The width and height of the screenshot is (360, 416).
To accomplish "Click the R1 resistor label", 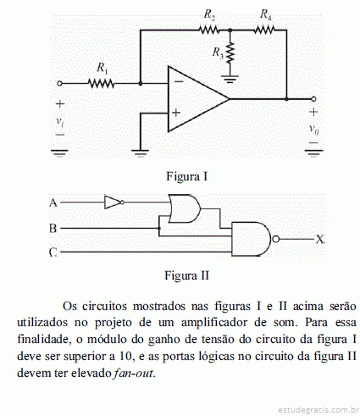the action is click(102, 68).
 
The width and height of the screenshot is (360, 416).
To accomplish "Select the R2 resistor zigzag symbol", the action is click(209, 30).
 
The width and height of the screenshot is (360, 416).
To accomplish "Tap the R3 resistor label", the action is click(218, 53).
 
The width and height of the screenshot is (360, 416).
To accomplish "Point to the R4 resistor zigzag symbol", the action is click(264, 30).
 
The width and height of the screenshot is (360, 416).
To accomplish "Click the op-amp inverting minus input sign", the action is click(179, 81).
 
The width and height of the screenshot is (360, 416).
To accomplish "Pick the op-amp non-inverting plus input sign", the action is click(176, 113).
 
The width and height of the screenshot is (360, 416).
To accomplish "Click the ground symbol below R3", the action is click(230, 79).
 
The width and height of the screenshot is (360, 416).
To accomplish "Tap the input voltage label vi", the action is click(60, 121).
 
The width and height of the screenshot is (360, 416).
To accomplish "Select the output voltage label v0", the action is click(313, 129).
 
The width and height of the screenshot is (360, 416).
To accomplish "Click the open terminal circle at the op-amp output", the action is click(313, 99).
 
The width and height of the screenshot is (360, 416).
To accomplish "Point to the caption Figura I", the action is click(187, 176).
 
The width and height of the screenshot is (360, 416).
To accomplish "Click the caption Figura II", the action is click(187, 275).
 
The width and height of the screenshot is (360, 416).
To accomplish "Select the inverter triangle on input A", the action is click(113, 202).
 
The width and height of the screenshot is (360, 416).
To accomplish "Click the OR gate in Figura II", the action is click(184, 208).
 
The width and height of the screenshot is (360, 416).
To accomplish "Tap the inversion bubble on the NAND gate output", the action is click(275, 239).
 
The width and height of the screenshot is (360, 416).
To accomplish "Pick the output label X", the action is click(320, 240).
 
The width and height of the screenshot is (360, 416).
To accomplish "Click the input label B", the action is click(53, 228).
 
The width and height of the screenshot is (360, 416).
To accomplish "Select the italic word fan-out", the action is click(134, 373).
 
